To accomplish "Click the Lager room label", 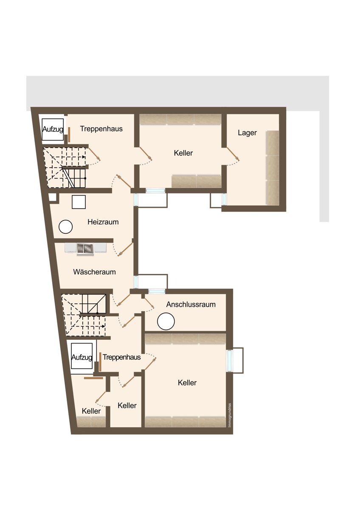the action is (x=247, y=133).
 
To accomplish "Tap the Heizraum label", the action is (x=103, y=222).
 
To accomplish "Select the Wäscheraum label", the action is (x=94, y=272).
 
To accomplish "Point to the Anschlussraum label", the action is (x=191, y=304).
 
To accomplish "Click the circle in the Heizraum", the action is (x=65, y=227).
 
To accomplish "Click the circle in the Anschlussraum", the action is (x=166, y=321).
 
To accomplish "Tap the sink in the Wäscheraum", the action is (x=85, y=249).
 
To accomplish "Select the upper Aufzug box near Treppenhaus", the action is (x=53, y=129).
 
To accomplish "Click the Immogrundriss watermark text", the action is (x=230, y=415).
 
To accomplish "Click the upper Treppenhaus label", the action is (x=101, y=129).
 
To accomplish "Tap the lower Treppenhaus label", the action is (x=121, y=357).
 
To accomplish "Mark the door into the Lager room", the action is (x=233, y=154).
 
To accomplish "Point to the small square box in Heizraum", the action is (x=79, y=202).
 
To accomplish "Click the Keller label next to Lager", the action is (x=183, y=153).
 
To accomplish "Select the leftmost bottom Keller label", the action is (x=91, y=411).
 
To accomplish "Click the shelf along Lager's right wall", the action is (x=273, y=168).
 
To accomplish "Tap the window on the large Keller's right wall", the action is (x=230, y=361).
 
